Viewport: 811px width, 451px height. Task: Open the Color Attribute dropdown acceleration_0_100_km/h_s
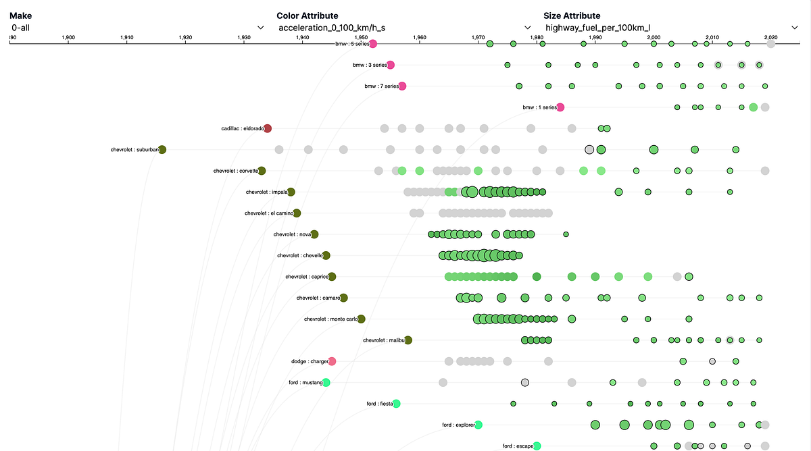(404, 28)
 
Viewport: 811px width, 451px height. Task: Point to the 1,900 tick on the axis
(68, 38)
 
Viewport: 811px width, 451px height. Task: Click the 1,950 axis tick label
(361, 38)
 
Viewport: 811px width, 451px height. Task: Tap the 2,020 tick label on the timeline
(770, 38)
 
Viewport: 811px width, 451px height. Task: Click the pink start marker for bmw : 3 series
(391, 65)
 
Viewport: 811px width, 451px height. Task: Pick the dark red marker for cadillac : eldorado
(268, 128)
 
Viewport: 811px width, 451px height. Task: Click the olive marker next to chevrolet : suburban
(162, 150)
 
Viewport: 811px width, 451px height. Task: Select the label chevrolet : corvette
(235, 171)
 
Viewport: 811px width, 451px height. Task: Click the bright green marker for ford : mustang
(326, 382)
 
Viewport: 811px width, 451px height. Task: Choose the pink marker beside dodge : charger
(332, 361)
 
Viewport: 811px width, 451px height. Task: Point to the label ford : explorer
(458, 425)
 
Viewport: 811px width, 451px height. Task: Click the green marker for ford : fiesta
(397, 404)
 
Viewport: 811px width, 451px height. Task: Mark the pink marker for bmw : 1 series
(560, 107)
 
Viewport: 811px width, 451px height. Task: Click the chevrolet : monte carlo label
(330, 319)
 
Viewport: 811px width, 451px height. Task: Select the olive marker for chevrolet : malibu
(408, 340)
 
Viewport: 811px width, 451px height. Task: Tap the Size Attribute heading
(572, 16)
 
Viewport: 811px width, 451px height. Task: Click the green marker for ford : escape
(537, 446)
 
